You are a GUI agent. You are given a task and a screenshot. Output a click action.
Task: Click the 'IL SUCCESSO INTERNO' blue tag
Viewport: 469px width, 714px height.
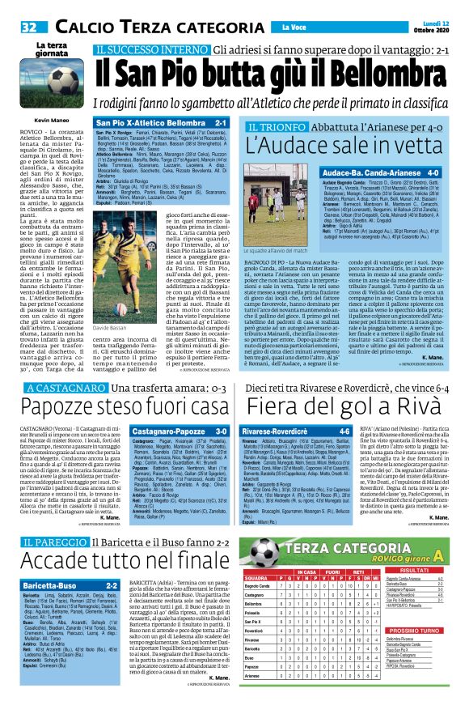point(142,49)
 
